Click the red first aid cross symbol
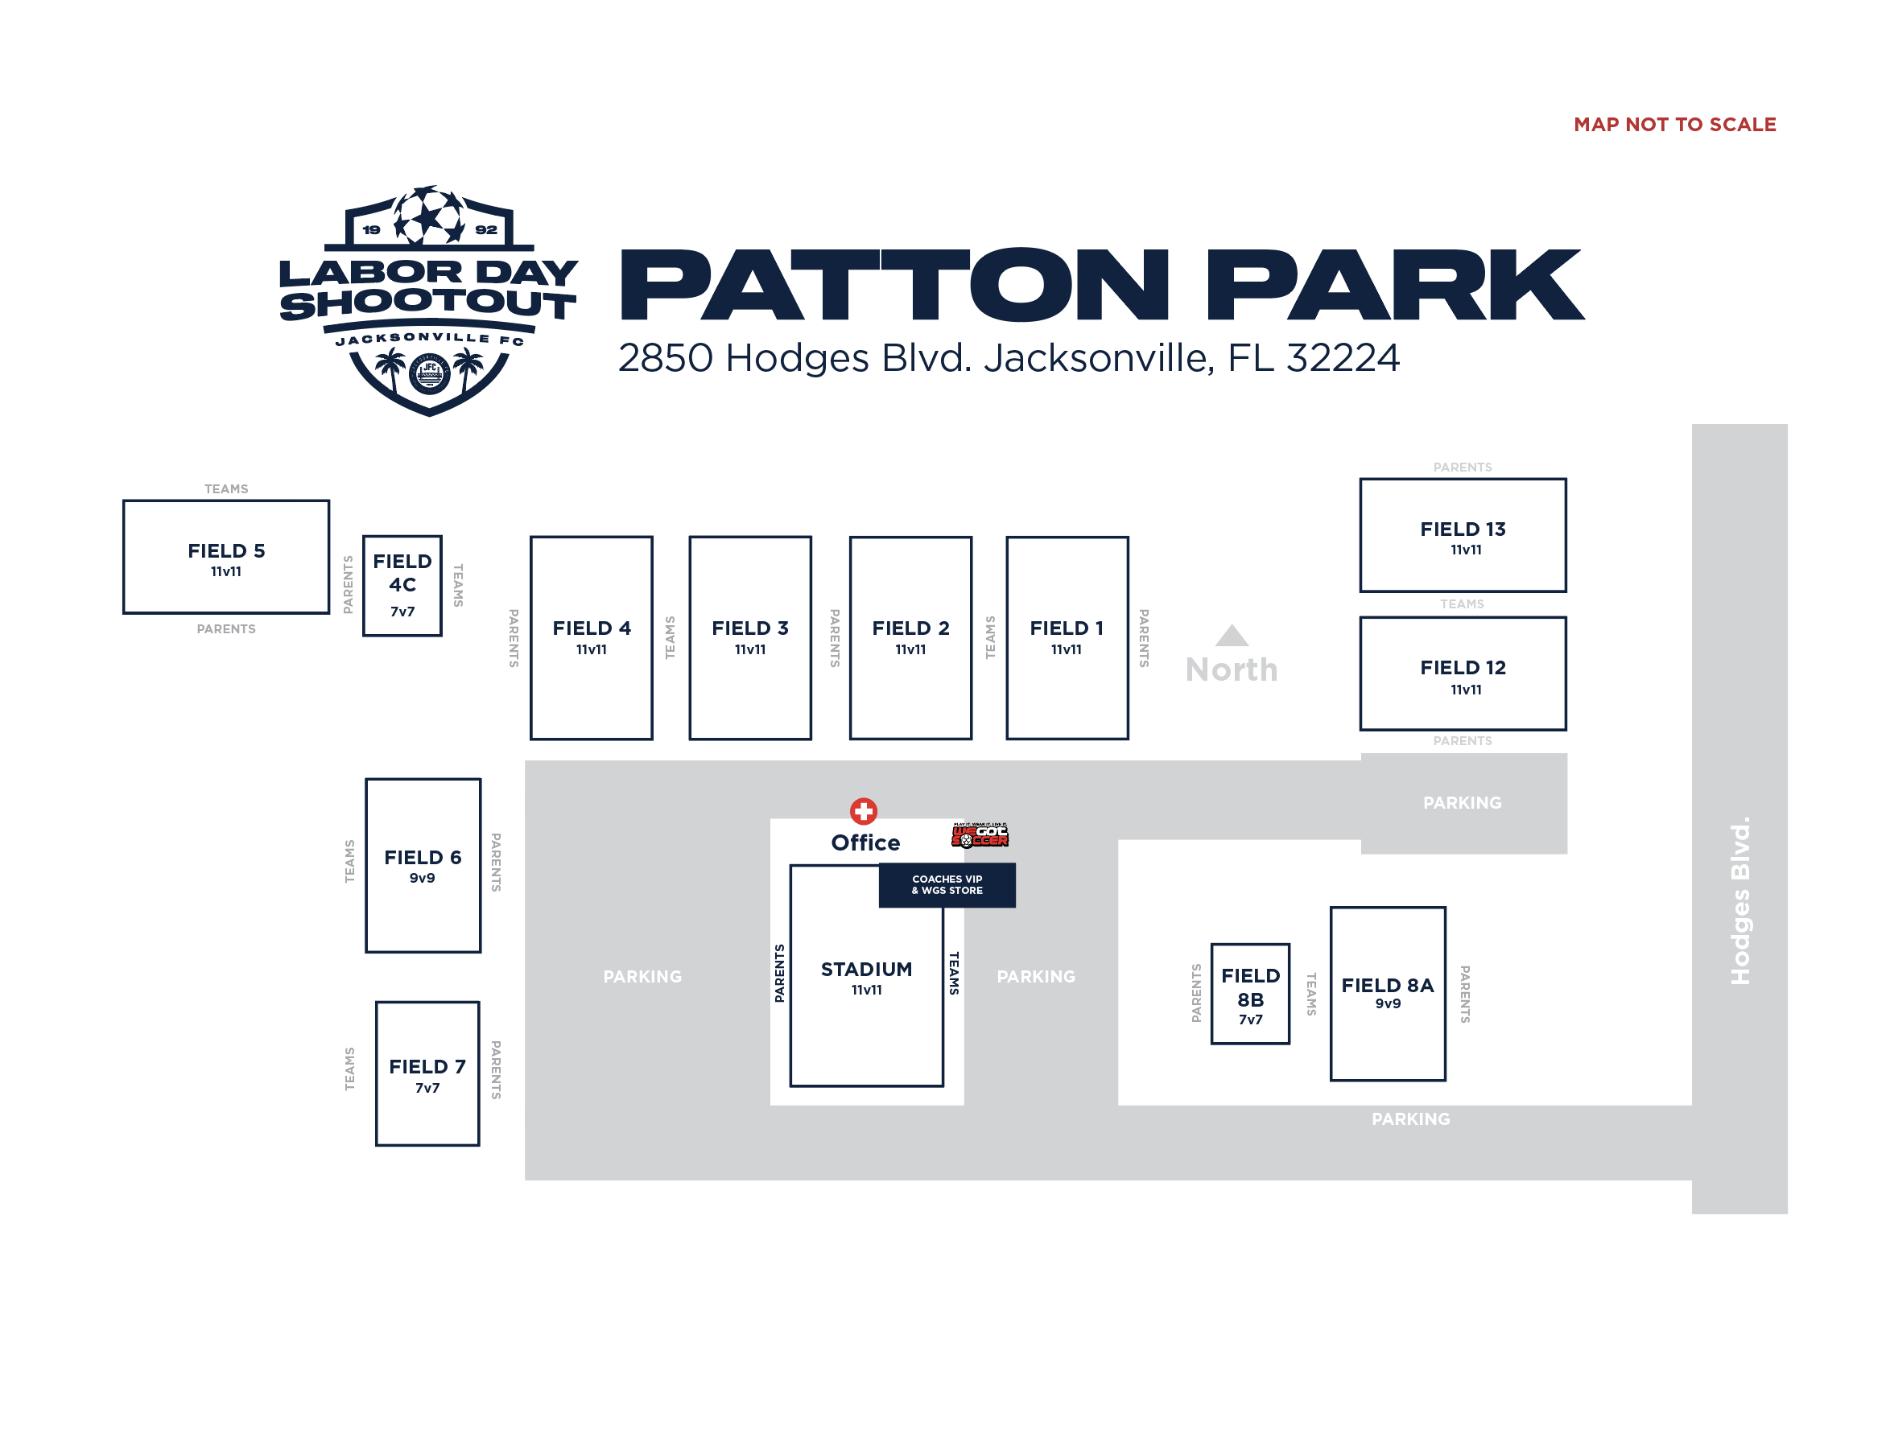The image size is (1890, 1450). coord(863,810)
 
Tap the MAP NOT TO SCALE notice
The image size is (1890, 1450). coord(1673,124)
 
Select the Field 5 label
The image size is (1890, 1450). coord(226,550)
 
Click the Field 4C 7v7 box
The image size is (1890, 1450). coord(402,585)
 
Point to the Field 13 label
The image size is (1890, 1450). coord(1462,529)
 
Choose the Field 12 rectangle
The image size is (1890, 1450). coord(1462,674)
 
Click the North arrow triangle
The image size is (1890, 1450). coord(1232,636)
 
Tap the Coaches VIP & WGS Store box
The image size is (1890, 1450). coord(947,884)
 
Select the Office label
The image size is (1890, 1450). coord(865,842)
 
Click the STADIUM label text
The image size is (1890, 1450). coord(866,970)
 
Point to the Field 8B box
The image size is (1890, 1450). coord(1249,994)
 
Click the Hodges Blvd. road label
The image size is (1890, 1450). coord(1739,900)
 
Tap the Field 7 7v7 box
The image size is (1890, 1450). coord(427,1073)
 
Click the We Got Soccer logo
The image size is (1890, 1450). coord(979,834)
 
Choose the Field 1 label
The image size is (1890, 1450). coord(1066,628)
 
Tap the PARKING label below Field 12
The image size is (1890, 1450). coord(1462,803)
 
